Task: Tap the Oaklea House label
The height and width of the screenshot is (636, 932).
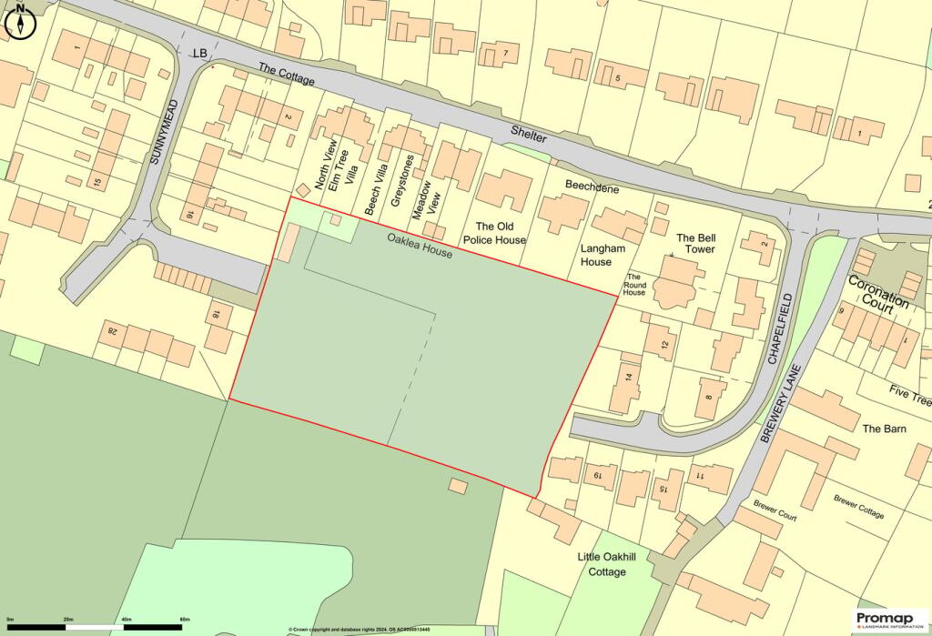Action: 419,247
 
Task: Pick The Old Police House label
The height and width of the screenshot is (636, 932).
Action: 501,233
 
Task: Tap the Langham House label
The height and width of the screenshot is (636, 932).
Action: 596,255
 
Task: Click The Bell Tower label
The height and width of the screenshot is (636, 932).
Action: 694,243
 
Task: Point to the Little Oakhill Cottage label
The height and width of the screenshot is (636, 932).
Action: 602,563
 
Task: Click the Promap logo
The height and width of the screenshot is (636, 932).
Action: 889,620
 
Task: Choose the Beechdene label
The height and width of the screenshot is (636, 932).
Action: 592,188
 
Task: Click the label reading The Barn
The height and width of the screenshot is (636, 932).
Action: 884,428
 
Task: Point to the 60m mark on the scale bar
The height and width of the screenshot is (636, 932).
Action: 185,620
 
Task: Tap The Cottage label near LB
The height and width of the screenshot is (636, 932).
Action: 286,75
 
